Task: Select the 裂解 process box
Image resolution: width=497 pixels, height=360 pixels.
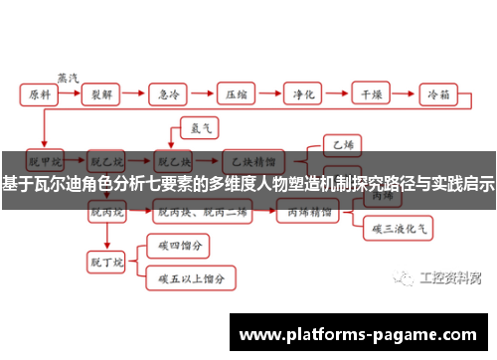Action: [103, 94]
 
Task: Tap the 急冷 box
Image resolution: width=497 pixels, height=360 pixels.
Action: [171, 94]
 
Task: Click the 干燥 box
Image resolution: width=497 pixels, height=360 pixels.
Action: [371, 94]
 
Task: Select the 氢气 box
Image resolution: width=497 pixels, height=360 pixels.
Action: [191, 126]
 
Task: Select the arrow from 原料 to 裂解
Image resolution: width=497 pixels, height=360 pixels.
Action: [72, 94]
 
